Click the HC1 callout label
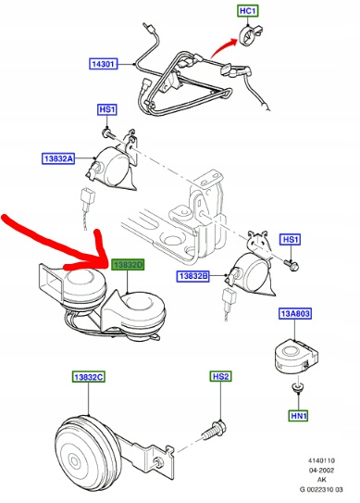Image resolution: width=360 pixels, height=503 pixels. [248, 11]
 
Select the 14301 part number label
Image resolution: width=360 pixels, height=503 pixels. [103, 64]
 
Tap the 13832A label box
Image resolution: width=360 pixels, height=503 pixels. [58, 158]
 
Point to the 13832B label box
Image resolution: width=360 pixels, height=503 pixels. [193, 276]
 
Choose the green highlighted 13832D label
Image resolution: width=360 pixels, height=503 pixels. [128, 265]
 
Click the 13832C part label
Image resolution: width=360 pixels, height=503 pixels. [89, 377]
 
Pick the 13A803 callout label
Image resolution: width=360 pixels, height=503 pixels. [295, 313]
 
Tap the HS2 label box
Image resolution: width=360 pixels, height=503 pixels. [220, 376]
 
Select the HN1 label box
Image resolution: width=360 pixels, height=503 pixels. [299, 416]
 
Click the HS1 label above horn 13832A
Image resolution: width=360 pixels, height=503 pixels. [107, 109]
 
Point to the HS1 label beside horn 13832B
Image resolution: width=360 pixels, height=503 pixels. [290, 240]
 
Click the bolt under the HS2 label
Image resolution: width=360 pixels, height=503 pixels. [214, 431]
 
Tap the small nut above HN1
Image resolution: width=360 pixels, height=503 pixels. [298, 387]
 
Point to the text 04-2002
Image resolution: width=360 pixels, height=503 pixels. [321, 471]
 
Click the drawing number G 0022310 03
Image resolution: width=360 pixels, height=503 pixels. [321, 489]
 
